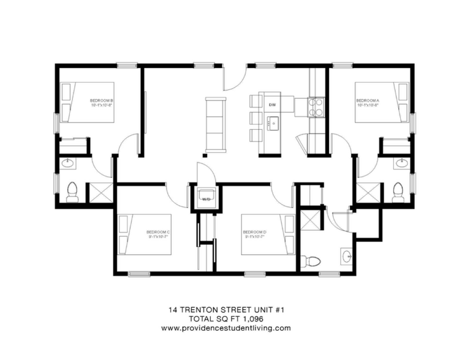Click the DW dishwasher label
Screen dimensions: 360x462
tap(272, 105)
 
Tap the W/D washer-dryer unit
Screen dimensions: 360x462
tap(203, 198)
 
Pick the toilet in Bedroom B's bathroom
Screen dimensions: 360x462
tap(71, 191)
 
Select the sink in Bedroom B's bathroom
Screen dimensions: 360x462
tap(67, 163)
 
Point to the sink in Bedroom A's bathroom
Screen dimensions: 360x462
tap(401, 163)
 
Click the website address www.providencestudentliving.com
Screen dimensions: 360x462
tap(226, 328)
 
